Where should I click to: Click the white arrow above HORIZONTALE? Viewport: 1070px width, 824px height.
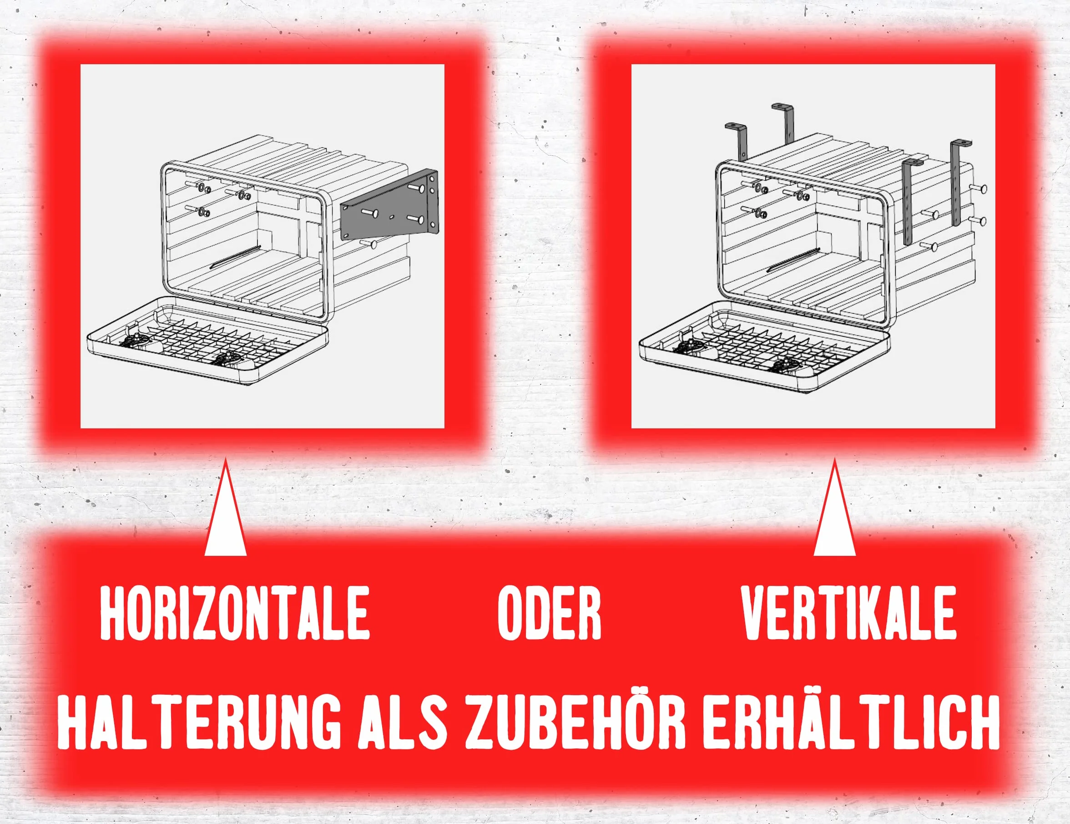tap(225, 510)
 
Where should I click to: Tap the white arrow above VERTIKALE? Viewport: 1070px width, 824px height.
tap(834, 510)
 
